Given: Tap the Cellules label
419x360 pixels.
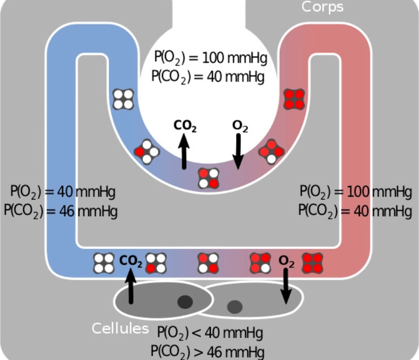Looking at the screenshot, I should (120, 328).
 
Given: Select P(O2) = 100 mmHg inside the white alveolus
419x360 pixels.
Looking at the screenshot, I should (208, 59).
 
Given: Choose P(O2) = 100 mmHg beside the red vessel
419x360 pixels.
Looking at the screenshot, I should (356, 192).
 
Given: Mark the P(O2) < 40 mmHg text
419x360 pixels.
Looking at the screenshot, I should (211, 333).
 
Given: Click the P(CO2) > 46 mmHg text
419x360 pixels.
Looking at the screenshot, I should (211, 350).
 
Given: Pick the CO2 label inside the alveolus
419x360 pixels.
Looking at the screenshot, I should (185, 125).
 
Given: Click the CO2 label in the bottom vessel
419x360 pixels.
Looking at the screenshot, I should (131, 261).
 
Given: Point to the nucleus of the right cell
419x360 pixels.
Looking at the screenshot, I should (234, 307).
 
